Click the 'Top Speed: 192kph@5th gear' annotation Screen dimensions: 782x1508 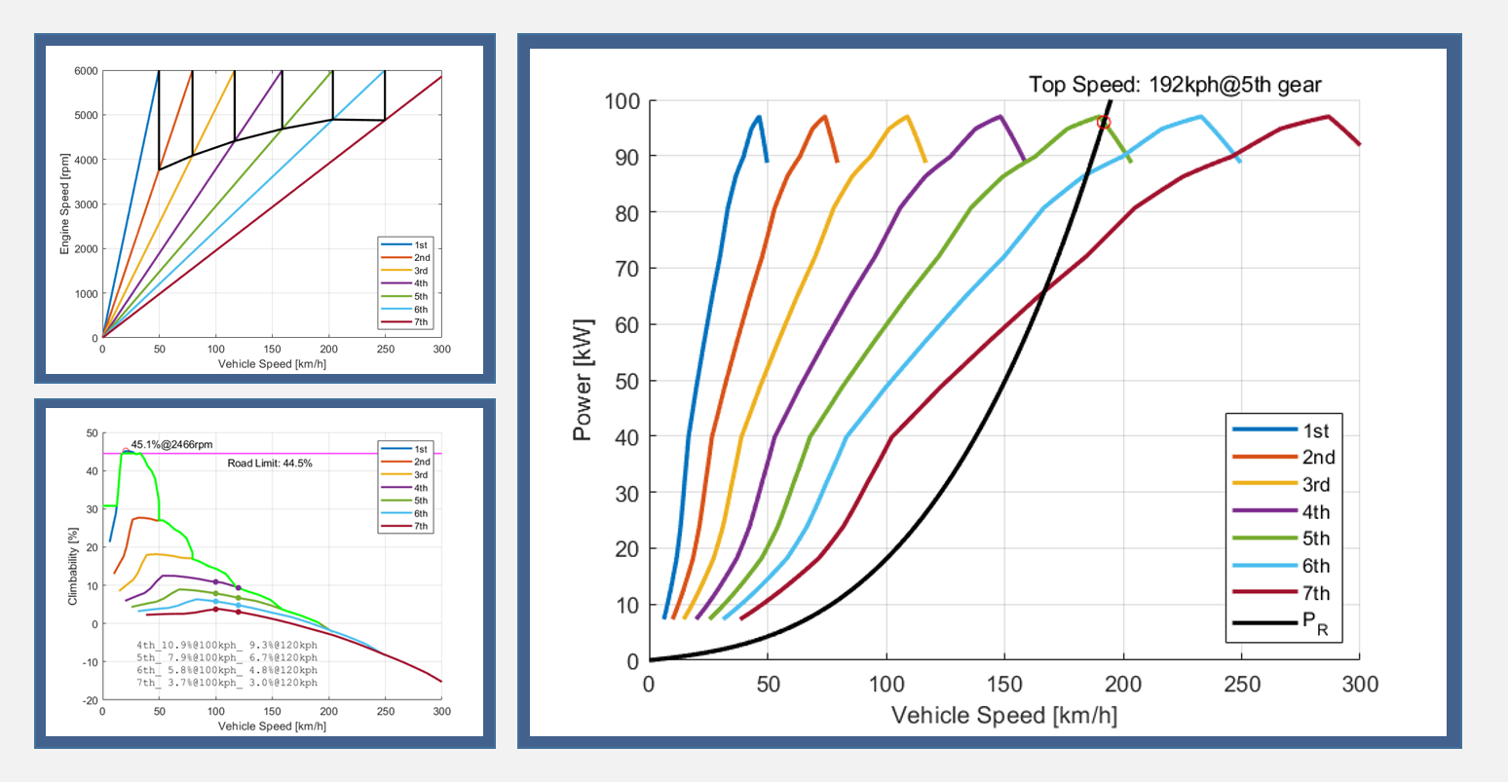(1175, 85)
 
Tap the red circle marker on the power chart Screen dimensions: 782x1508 (1104, 122)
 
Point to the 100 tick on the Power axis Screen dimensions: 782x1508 (621, 101)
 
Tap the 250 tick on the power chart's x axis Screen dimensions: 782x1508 (1241, 684)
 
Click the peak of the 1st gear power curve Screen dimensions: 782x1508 (758, 117)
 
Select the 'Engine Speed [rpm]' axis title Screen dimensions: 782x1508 (65, 205)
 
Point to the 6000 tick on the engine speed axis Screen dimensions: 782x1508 (86, 71)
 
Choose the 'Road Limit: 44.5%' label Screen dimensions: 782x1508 (270, 464)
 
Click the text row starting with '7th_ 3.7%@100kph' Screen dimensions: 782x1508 (226, 682)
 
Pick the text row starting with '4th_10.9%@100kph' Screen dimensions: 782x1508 (226, 646)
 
